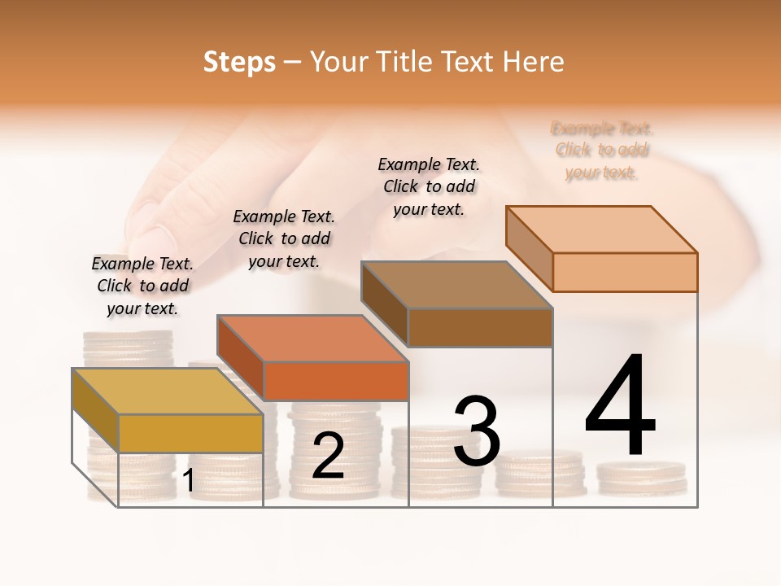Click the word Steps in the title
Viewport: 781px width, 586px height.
[239, 62]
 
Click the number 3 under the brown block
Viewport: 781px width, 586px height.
[477, 431]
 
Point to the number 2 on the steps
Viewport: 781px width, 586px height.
[328, 456]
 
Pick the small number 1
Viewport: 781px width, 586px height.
[189, 480]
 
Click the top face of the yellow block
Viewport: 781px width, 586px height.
[167, 391]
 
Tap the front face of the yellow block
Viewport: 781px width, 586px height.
[190, 433]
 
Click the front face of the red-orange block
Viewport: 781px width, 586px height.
[335, 381]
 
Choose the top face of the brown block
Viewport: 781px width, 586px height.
[456, 285]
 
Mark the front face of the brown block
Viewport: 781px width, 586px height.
[480, 327]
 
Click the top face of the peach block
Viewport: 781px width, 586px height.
[601, 229]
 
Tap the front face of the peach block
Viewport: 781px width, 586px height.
[625, 272]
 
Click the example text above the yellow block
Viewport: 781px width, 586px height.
[142, 286]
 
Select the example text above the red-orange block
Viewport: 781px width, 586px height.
[284, 238]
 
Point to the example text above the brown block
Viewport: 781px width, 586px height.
[429, 186]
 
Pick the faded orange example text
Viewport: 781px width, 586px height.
[602, 150]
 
